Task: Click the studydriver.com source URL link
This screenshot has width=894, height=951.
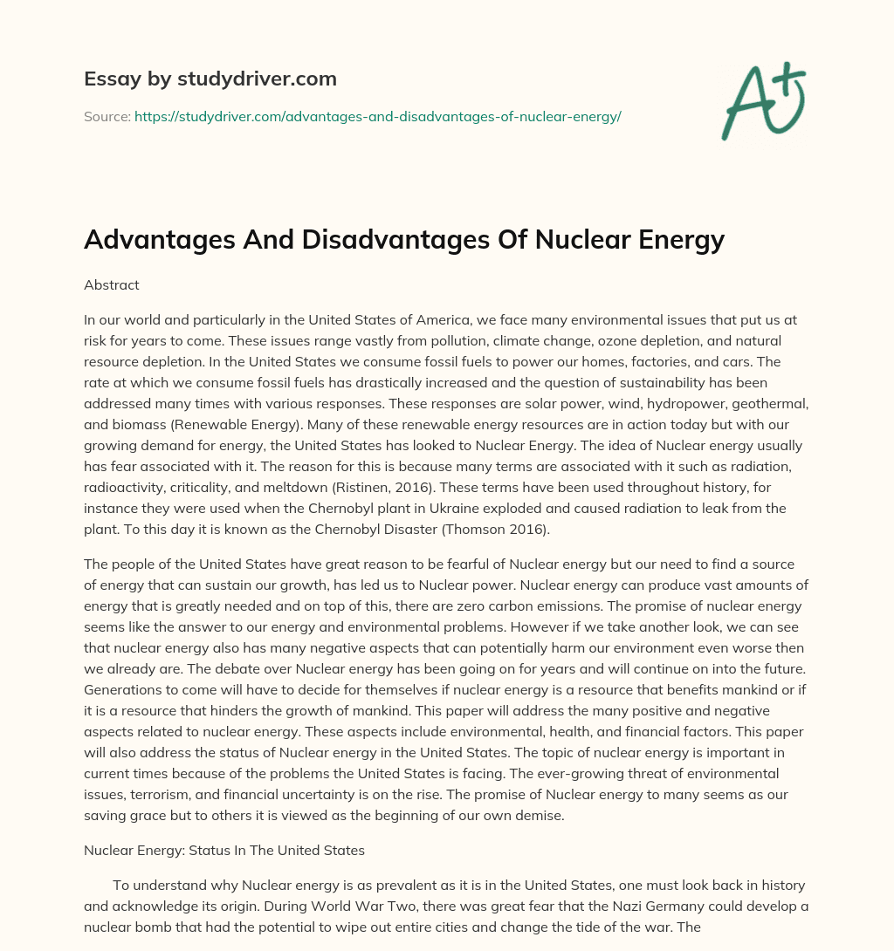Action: (377, 116)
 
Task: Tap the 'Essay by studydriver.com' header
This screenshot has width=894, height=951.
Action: (210, 79)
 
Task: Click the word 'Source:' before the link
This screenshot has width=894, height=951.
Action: (107, 116)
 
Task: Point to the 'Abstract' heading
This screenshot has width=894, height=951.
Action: (112, 284)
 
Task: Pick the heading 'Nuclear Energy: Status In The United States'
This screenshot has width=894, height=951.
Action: (224, 849)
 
